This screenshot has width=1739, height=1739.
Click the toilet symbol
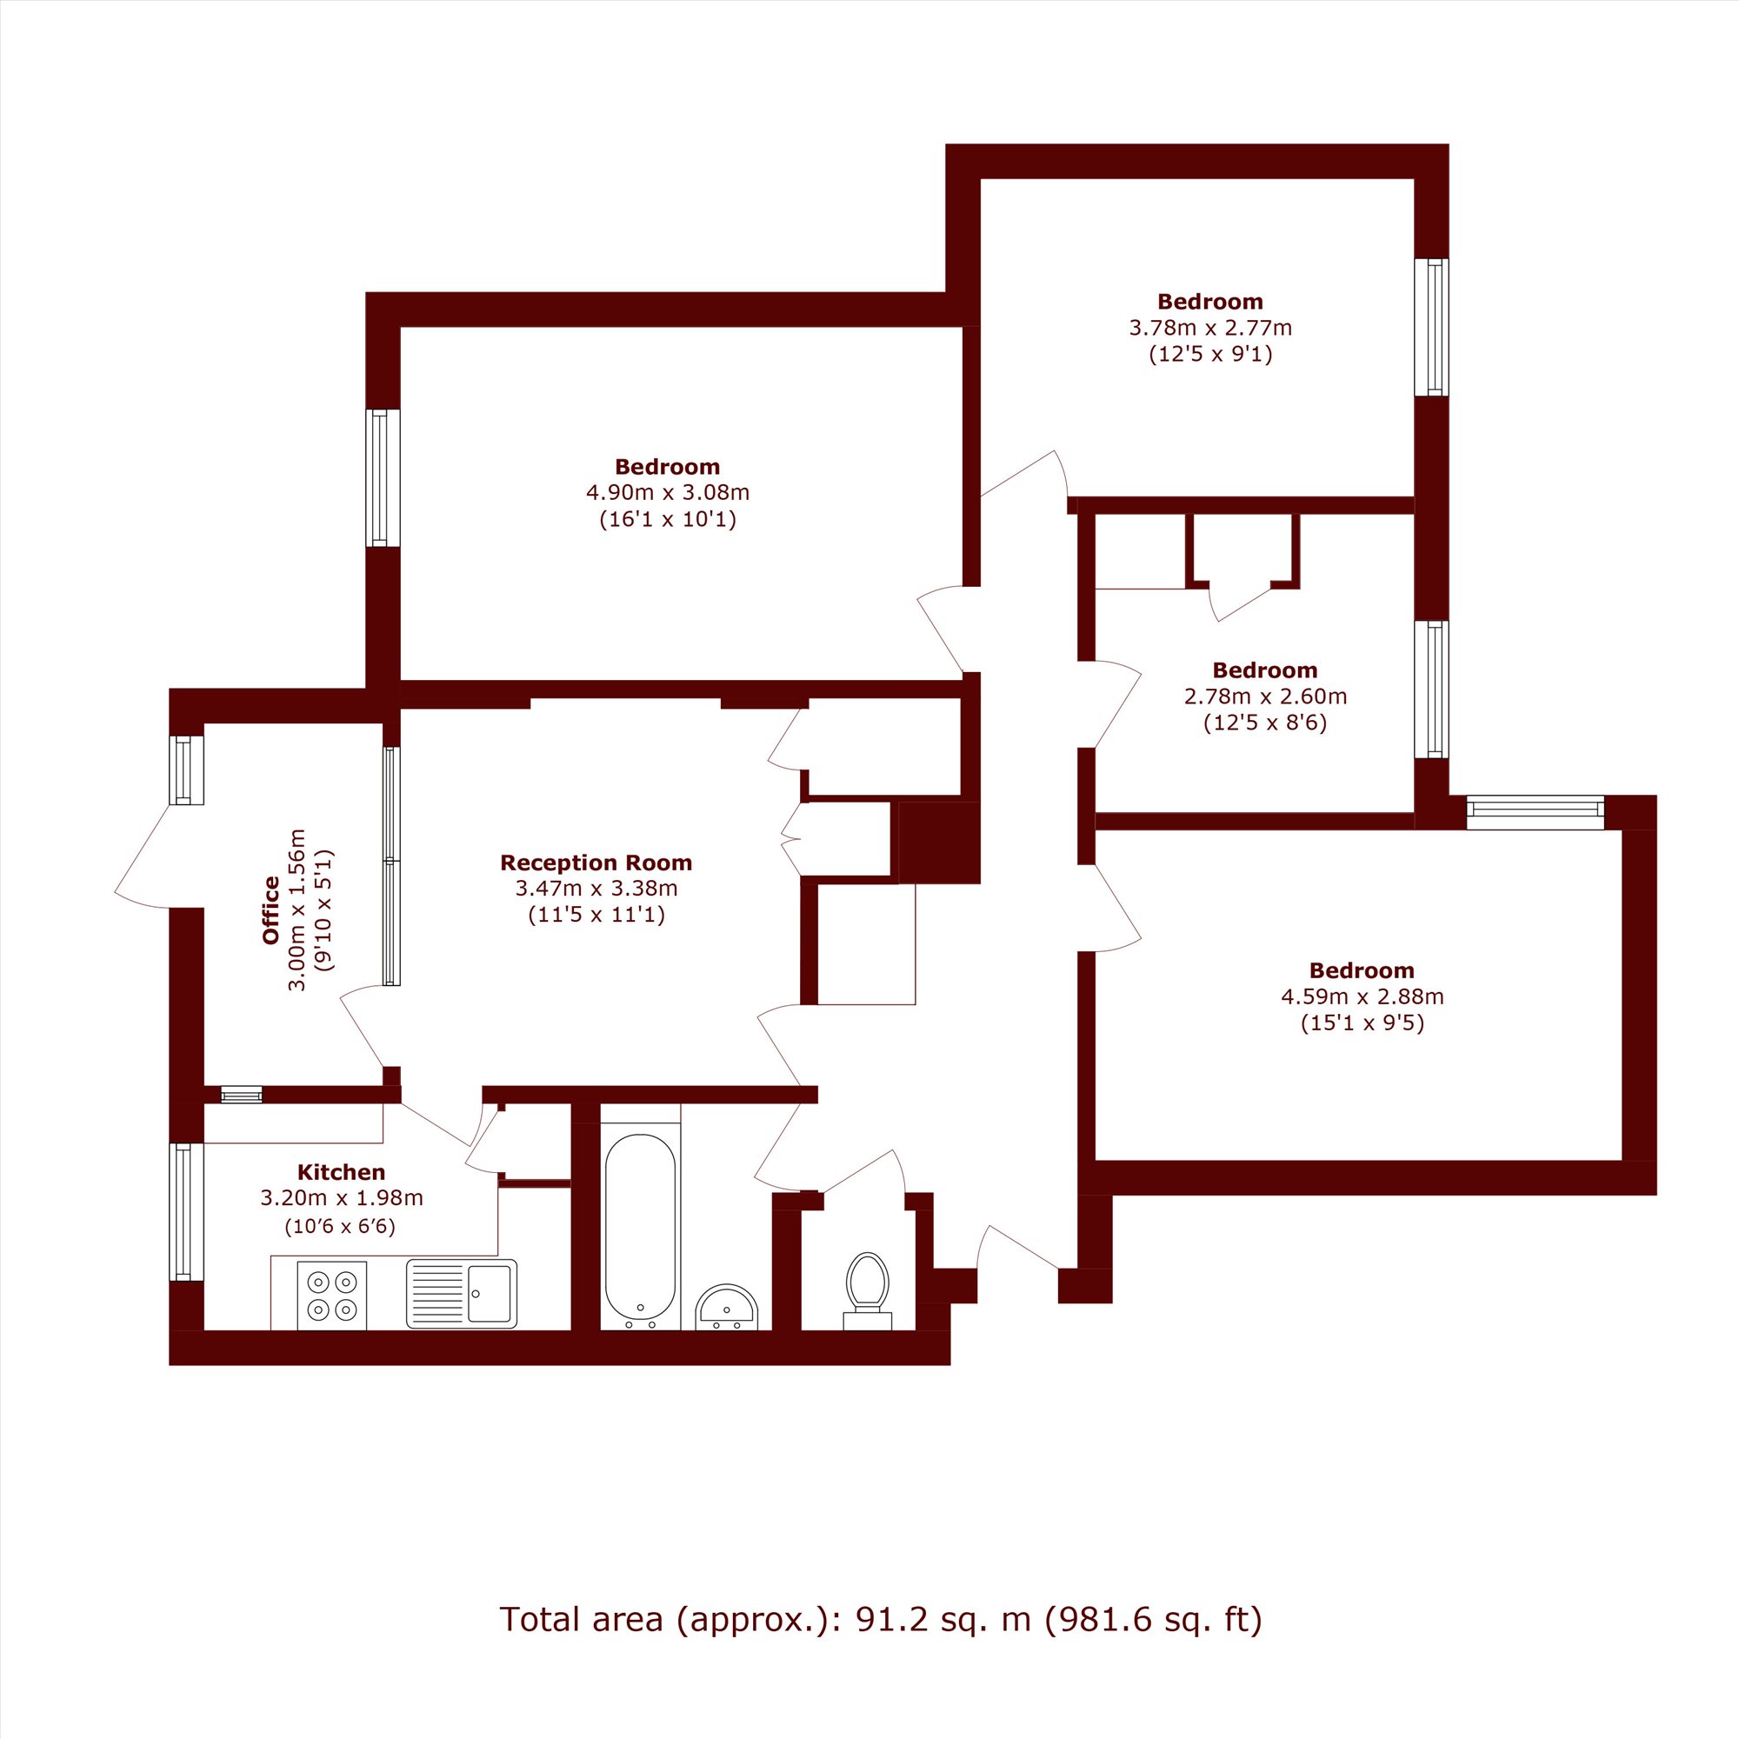pos(868,1289)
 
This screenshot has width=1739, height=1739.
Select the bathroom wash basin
pos(727,1307)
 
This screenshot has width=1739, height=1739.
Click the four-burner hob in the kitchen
pos(332,1296)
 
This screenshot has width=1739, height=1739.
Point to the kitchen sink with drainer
pos(462,1294)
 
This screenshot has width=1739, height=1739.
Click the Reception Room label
pos(596,863)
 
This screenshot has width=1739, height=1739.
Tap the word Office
pos(271,910)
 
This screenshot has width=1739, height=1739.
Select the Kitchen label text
pos(341,1172)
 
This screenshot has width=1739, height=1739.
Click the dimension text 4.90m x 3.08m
pos(668,492)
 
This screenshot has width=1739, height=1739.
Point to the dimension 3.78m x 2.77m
pos(1210,328)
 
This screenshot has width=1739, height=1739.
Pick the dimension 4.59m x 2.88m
pos(1363,996)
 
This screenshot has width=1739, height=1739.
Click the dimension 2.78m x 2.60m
pos(1265,696)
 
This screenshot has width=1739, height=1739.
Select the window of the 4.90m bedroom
pos(383,478)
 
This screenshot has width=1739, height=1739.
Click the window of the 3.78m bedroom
pos(1431,327)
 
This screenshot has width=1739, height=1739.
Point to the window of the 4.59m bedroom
pos(1536,812)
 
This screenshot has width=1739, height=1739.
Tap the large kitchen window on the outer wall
pos(186,1211)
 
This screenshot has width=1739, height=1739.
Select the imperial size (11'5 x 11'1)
pos(596,916)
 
